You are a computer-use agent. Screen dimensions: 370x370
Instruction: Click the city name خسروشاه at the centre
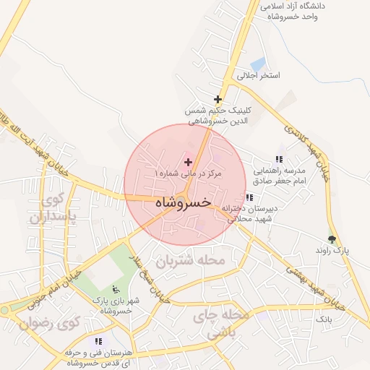tap(183, 203)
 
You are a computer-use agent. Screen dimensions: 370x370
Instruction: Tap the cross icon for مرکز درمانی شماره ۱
tap(189, 162)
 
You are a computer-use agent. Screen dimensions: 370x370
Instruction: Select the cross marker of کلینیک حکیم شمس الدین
tap(218, 99)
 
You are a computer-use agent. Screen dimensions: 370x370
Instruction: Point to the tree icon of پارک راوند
tap(332, 238)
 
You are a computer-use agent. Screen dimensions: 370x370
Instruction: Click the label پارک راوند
tap(332, 249)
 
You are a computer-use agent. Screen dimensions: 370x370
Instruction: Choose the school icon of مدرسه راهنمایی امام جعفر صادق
tap(279, 160)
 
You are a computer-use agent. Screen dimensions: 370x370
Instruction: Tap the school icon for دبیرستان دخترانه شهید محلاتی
tap(249, 197)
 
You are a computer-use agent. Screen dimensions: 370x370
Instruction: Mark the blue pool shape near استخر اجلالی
tap(258, 64)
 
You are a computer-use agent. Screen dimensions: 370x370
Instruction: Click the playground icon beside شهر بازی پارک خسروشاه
tap(116, 290)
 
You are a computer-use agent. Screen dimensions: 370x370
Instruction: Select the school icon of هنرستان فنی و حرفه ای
tap(98, 341)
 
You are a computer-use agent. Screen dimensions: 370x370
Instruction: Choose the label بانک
tap(324, 318)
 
